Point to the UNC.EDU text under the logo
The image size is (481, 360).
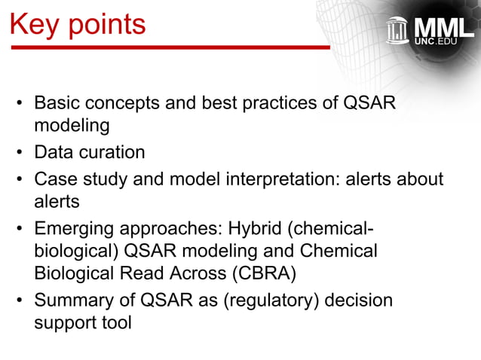point(441,43)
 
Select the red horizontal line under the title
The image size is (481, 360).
point(170,47)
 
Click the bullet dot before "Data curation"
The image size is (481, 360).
point(20,154)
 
